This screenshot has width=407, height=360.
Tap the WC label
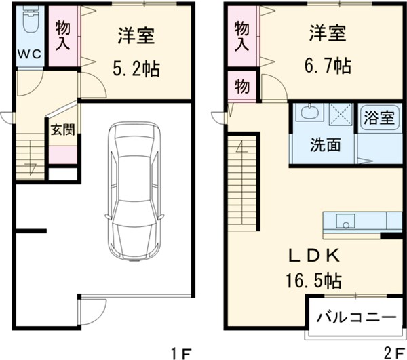(x=28, y=53)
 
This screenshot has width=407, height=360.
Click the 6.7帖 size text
(x=327, y=66)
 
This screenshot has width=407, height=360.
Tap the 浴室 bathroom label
(x=379, y=117)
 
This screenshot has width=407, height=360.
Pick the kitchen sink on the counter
(x=346, y=221)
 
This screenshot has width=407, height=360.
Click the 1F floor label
(x=182, y=352)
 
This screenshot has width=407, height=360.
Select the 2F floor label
(x=392, y=352)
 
